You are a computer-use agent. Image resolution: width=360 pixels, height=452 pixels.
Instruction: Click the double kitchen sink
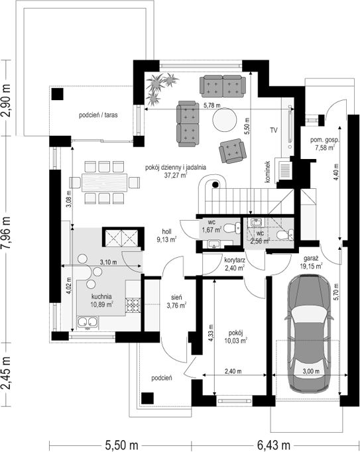(x=88, y=323)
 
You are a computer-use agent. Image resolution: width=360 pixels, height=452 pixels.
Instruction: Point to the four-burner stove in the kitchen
(x=133, y=306)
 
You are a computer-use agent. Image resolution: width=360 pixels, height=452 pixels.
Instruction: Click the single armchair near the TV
(x=233, y=150)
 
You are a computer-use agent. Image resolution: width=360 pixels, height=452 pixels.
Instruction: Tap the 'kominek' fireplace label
(x=268, y=172)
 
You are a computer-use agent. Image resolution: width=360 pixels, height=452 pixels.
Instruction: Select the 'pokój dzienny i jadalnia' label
(x=176, y=167)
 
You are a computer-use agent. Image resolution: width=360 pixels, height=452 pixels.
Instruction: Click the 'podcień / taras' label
(x=98, y=115)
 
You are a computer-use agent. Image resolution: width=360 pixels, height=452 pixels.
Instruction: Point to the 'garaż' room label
(x=311, y=258)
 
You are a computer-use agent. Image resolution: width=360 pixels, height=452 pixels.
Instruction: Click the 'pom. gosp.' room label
(x=325, y=140)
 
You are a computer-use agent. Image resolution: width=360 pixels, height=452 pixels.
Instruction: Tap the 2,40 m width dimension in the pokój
(x=233, y=372)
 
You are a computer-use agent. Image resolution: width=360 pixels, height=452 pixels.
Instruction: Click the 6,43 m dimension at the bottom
(x=273, y=445)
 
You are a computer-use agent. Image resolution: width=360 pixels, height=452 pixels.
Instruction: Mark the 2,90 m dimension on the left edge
(x=7, y=100)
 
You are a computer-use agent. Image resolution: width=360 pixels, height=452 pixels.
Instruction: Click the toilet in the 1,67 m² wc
(x=232, y=228)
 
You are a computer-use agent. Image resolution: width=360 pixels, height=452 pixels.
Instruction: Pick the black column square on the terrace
(x=58, y=94)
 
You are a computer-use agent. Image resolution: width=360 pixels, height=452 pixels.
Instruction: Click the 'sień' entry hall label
(x=177, y=297)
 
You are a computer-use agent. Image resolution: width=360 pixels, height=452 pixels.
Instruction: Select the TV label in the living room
(x=273, y=131)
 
